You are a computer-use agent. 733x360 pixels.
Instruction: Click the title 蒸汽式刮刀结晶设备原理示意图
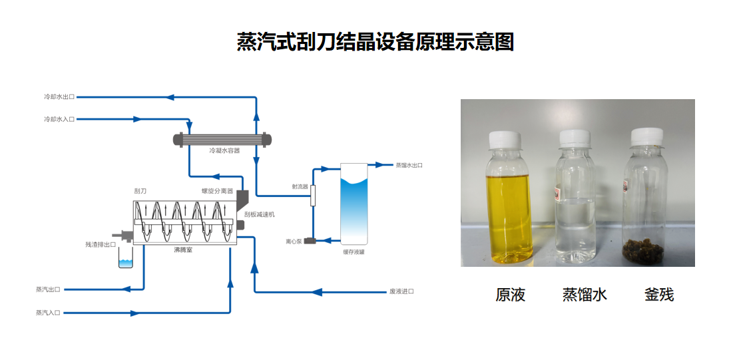coord(375,42)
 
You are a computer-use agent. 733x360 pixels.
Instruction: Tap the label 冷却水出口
coord(59,97)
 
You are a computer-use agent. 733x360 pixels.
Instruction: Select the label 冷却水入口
coord(59,120)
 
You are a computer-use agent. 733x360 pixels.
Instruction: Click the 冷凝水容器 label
coord(224,151)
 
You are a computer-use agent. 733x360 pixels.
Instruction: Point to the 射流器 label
coord(300,187)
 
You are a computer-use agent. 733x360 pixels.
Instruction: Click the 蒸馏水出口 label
coord(409,165)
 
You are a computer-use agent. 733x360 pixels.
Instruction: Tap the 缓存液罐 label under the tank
coord(354,252)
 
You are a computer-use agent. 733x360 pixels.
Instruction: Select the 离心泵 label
coord(294,241)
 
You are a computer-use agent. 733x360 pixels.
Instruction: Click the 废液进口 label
coord(401,291)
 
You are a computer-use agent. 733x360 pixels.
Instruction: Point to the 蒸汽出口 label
coord(48,289)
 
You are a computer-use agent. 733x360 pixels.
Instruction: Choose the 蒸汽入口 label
coord(48,313)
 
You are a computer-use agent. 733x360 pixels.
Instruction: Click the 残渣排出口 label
coord(101,244)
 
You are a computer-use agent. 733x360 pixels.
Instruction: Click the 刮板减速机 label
coord(260,215)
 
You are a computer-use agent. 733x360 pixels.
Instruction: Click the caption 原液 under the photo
coord(511,294)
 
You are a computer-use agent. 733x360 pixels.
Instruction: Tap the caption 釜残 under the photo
coord(659,294)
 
